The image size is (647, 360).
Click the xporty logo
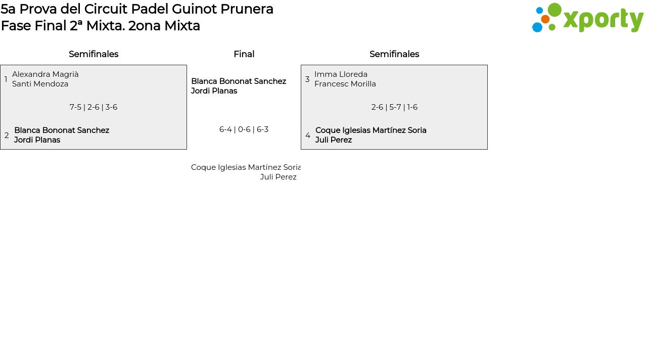pyautogui.click(x=587, y=18)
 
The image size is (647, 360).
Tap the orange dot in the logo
pyautogui.click(x=545, y=19)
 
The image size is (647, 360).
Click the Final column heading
pyautogui.click(x=244, y=54)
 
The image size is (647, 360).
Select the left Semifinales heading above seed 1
pyautogui.click(x=94, y=54)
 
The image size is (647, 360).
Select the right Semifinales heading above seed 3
pyautogui.click(x=394, y=54)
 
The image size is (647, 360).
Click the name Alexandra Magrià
pyautogui.click(x=45, y=74)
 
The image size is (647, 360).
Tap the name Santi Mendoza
pyautogui.click(x=40, y=84)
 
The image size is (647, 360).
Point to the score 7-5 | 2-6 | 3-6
pyautogui.click(x=94, y=107)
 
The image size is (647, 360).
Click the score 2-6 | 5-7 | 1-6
pyautogui.click(x=394, y=107)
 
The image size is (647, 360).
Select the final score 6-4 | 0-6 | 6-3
pyautogui.click(x=244, y=129)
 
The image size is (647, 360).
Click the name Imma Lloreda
pyautogui.click(x=341, y=74)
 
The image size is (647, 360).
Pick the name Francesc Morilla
pyautogui.click(x=345, y=84)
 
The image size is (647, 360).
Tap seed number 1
pyautogui.click(x=6, y=79)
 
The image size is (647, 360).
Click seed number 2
pyautogui.click(x=7, y=136)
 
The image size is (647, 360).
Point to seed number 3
pyautogui.click(x=307, y=79)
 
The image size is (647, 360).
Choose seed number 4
pyautogui.click(x=308, y=136)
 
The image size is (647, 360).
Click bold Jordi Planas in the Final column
pyautogui.click(x=214, y=91)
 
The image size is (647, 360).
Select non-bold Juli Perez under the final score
pyautogui.click(x=278, y=177)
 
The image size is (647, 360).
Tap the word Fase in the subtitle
pyautogui.click(x=16, y=26)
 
